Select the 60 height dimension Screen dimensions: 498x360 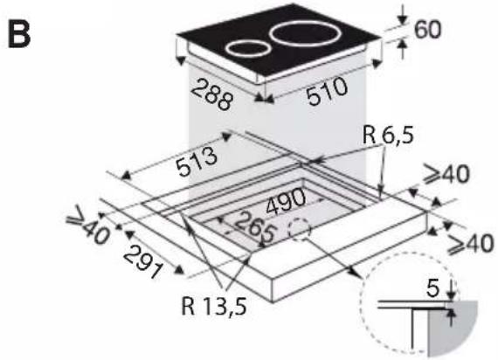(428, 29)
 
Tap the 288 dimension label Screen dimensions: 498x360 (211, 94)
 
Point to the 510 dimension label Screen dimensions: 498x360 (328, 91)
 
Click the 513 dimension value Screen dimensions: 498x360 (197, 161)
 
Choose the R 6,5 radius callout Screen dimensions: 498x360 (388, 135)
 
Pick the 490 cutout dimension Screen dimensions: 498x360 (286, 201)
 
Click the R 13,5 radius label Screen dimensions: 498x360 (214, 307)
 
